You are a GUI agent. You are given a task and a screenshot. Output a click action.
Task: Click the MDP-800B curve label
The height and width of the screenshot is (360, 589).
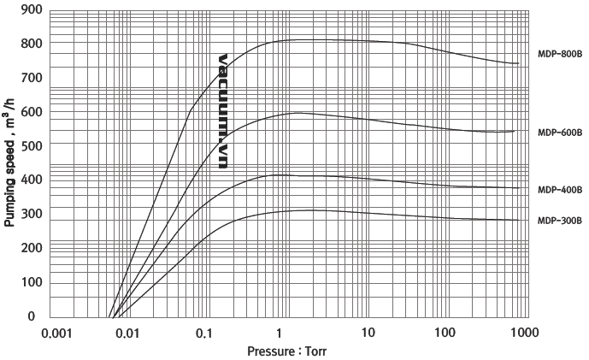click(x=559, y=54)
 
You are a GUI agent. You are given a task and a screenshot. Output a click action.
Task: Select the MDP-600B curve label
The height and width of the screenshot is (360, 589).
click(x=559, y=133)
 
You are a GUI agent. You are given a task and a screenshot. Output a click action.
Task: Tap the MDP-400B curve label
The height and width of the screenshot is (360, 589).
click(x=559, y=190)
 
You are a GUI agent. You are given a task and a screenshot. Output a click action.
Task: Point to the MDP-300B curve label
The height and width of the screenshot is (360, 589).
click(x=559, y=221)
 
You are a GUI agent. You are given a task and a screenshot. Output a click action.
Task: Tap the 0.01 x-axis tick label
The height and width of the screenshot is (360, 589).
click(x=127, y=333)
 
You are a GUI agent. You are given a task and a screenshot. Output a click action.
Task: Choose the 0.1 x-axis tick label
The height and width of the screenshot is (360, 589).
click(x=203, y=333)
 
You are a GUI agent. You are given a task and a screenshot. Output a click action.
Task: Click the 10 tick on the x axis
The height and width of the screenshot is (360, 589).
click(x=367, y=333)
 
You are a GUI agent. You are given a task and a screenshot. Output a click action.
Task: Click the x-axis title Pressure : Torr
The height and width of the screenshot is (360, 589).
click(x=286, y=351)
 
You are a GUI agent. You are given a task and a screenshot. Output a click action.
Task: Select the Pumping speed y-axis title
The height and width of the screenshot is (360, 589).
click(x=10, y=162)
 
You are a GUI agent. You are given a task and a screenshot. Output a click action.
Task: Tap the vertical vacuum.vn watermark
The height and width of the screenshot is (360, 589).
click(x=223, y=111)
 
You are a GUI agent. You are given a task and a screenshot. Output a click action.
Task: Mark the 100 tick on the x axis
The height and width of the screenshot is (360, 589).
click(x=443, y=333)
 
